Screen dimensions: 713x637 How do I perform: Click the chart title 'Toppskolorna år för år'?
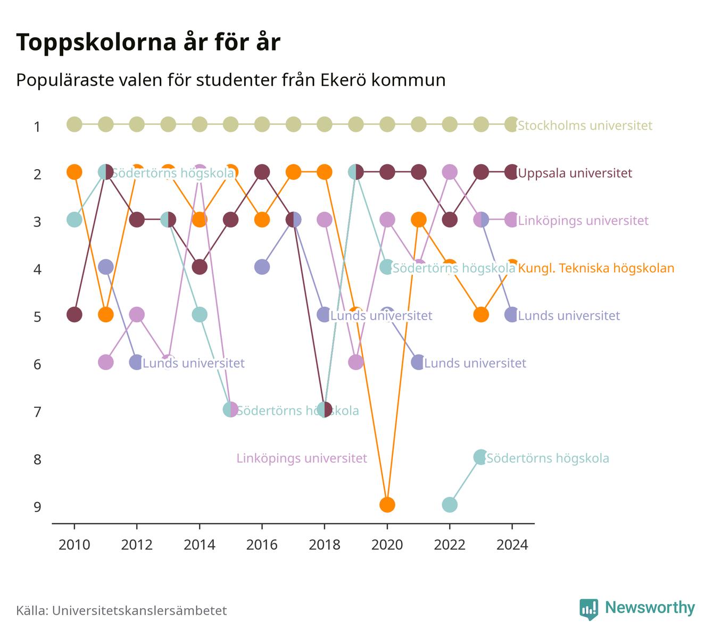(x=148, y=43)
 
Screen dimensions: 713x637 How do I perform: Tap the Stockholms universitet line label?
(x=585, y=125)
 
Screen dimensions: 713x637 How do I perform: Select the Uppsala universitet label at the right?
(x=575, y=173)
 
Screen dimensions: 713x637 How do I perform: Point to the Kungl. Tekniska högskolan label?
(x=596, y=268)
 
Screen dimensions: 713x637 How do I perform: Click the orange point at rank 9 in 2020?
(x=387, y=505)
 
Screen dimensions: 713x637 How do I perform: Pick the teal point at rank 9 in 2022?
(x=450, y=505)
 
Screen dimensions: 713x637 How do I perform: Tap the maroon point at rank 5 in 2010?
(x=74, y=314)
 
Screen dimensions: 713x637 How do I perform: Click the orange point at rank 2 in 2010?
(x=74, y=172)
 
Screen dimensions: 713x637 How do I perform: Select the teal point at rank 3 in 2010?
(x=74, y=220)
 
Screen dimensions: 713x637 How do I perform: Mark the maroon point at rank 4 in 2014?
(x=200, y=267)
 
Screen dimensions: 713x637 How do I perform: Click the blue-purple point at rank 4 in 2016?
(x=262, y=267)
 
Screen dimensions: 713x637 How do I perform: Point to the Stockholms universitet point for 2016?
(x=262, y=124)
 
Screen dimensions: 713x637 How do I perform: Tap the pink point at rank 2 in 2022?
(x=450, y=172)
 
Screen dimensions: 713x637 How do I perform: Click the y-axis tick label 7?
(x=37, y=412)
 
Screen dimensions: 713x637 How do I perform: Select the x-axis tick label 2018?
(x=325, y=545)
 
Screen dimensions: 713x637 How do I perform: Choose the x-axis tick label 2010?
(x=74, y=545)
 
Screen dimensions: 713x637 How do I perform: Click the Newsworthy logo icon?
(x=589, y=609)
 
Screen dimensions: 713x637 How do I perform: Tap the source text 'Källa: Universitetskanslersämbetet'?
(x=121, y=610)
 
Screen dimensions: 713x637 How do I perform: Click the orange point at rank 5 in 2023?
(x=480, y=314)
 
